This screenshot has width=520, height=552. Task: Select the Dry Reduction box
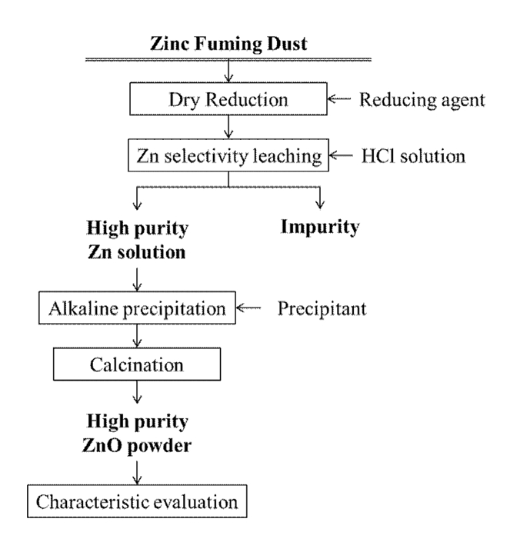228,100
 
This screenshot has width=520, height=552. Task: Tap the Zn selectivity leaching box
228,156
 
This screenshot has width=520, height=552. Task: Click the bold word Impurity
320,228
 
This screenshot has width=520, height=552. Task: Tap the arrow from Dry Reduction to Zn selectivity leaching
228,128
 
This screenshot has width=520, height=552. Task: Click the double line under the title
228,60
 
